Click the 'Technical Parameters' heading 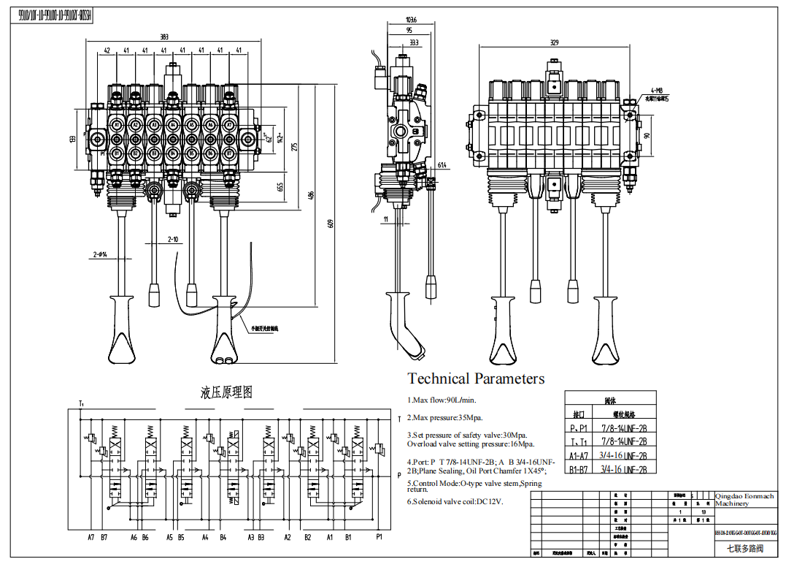pos(476,378)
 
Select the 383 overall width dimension pos(165,37)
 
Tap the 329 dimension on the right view pos(554,43)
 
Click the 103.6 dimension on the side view pos(412,20)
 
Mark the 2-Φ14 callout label pos(100,254)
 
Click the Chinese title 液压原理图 pos(226,392)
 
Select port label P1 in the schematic pos(379,537)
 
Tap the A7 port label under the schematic pos(91,537)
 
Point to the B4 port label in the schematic pos(223,537)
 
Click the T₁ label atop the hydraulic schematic pos(81,403)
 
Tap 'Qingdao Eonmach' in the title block pos(744,496)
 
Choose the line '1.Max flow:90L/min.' pos(442,400)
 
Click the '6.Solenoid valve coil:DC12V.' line pos(455,502)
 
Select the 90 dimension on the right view pos(645,136)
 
